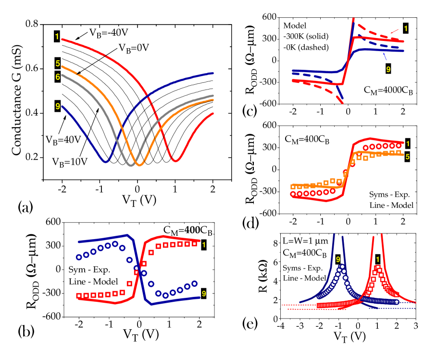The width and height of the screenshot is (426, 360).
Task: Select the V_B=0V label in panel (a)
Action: [x=136, y=48]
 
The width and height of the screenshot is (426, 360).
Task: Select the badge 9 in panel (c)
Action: [x=388, y=68]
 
